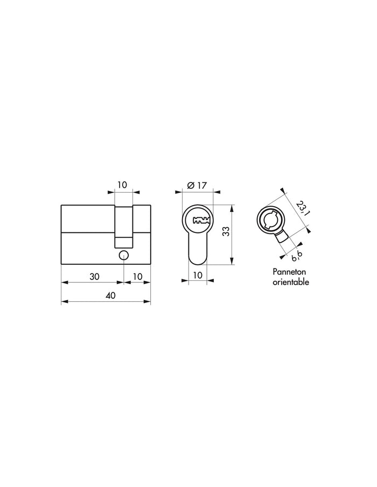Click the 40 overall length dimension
110,295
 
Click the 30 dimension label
94,276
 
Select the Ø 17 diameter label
197,186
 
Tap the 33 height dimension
227,231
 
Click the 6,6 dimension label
297,255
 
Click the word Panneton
289,272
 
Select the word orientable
291,282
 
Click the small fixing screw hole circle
124,255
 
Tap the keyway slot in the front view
202,220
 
